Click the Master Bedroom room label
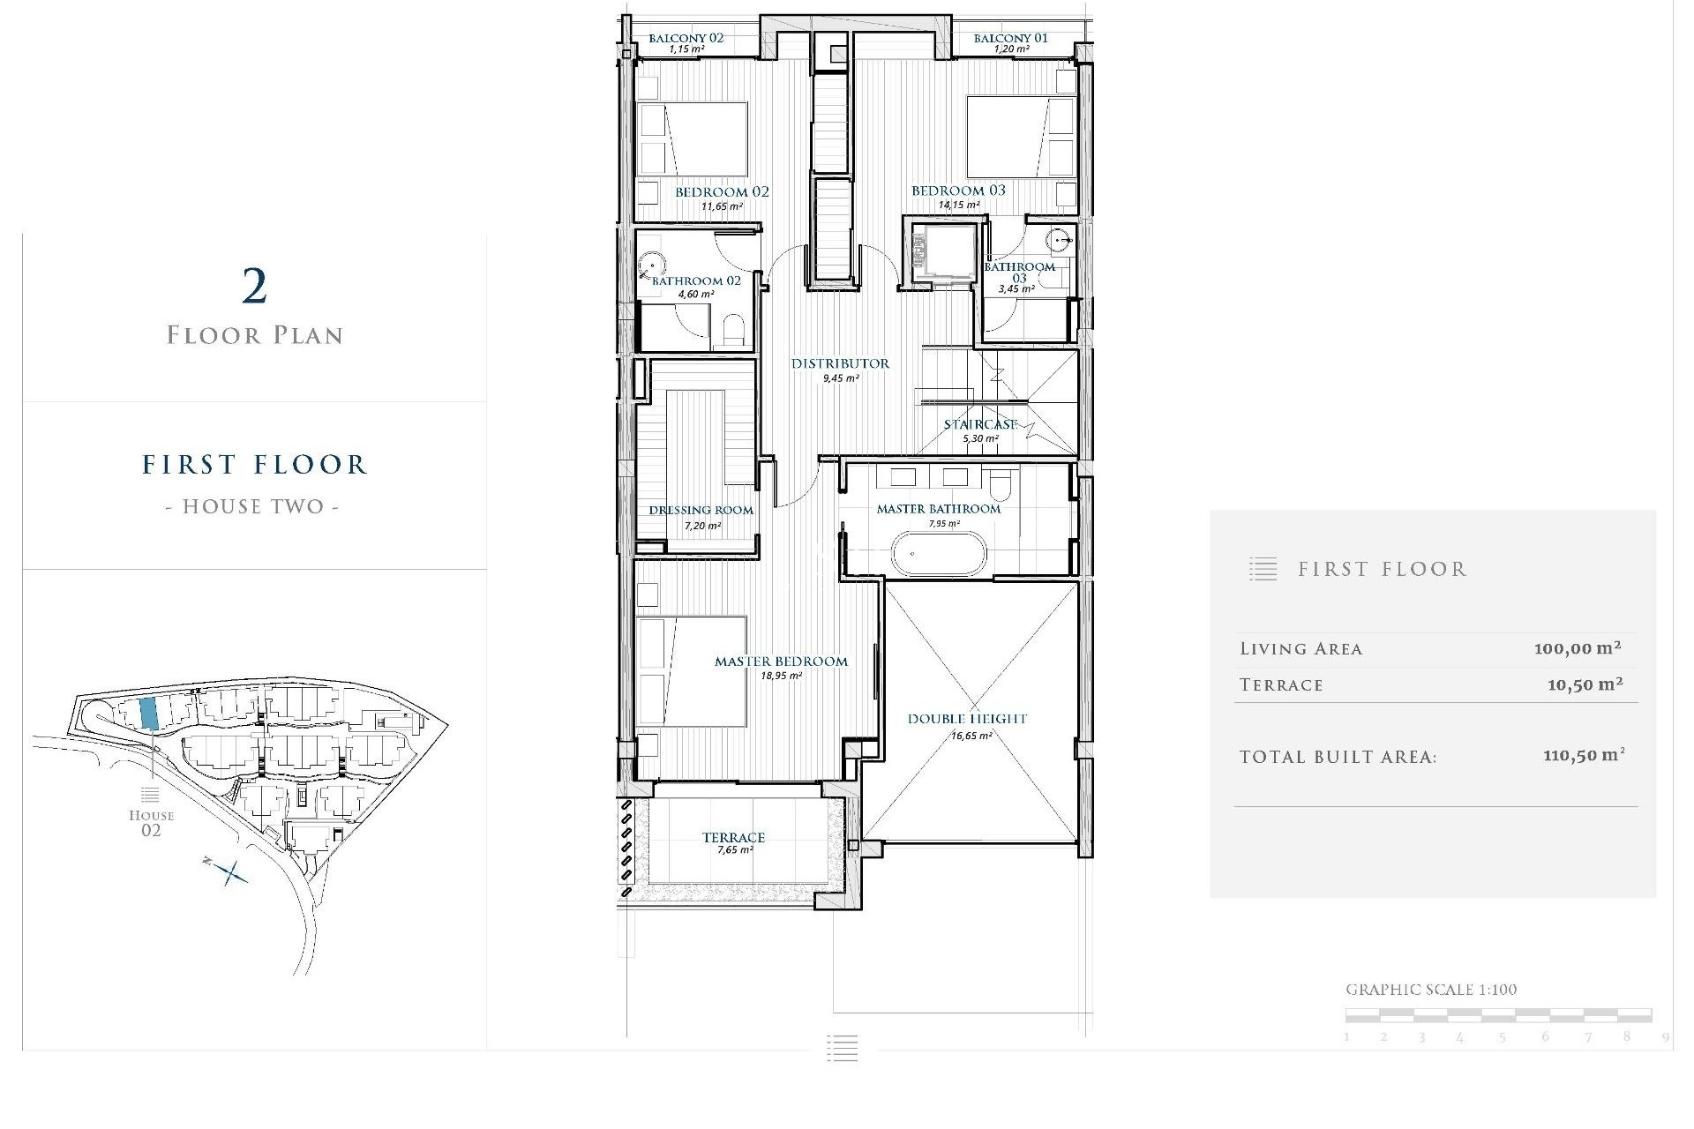(x=781, y=662)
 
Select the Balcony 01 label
(x=1010, y=38)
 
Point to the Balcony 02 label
(x=686, y=38)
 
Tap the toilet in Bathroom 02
(x=734, y=331)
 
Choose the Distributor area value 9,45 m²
(x=841, y=378)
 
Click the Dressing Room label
(x=701, y=510)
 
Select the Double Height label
(x=967, y=719)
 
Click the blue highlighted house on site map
(x=149, y=712)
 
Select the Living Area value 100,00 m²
(x=1577, y=648)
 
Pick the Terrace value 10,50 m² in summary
(x=1585, y=684)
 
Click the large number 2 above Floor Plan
(x=254, y=287)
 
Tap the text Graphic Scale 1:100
(x=1431, y=990)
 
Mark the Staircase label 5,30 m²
(x=980, y=430)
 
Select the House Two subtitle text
(x=252, y=506)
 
